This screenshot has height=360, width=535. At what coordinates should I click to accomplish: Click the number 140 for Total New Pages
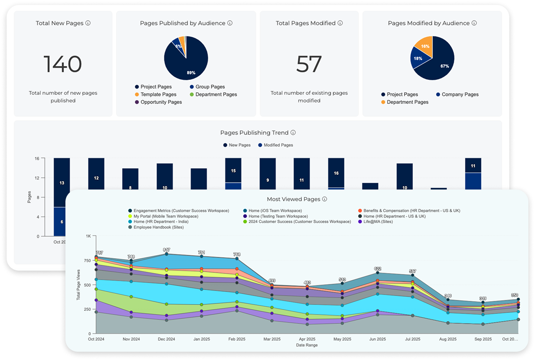[63, 65]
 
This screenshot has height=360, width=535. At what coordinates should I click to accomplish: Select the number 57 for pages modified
[309, 65]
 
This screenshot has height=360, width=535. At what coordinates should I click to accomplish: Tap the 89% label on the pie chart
[191, 72]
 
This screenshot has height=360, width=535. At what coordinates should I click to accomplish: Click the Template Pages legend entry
[158, 94]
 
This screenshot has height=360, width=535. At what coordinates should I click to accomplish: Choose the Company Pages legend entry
[460, 94]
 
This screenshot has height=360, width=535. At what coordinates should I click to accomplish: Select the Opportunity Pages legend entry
[161, 102]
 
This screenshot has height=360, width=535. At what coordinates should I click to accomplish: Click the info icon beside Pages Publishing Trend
[293, 133]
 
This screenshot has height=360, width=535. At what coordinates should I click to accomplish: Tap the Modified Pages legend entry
[278, 145]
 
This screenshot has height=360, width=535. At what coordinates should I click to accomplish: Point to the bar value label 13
[62, 183]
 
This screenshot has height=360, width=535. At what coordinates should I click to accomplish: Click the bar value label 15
[233, 170]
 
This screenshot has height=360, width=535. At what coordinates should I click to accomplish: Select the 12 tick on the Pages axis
[37, 178]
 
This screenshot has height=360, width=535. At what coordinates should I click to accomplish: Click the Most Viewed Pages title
[294, 199]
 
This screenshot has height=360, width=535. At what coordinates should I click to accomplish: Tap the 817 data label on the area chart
[166, 250]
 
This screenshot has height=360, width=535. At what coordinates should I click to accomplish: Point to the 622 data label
[377, 269]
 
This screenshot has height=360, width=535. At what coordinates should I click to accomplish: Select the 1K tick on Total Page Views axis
[88, 236]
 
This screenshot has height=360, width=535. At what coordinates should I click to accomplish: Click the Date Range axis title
[306, 345]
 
